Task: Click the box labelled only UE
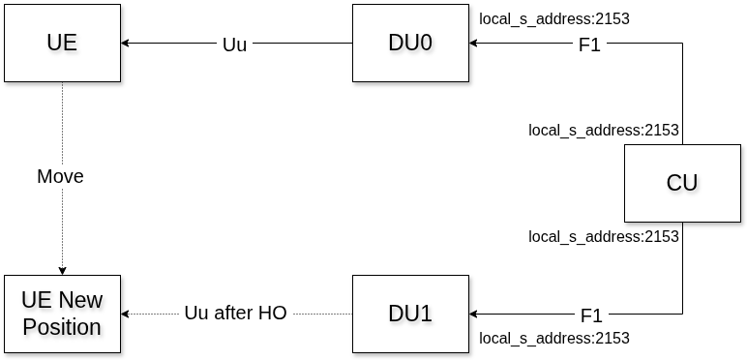tap(63, 44)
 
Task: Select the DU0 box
tap(410, 44)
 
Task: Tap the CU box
tap(682, 183)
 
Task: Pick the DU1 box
tap(410, 314)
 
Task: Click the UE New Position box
tap(63, 314)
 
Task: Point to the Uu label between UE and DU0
tap(234, 45)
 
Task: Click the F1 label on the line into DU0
tap(589, 45)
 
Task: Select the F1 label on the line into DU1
tap(591, 315)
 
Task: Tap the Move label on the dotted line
tap(60, 176)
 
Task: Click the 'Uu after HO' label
tap(235, 314)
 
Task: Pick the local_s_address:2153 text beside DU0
tap(554, 18)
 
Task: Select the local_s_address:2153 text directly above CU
tap(604, 130)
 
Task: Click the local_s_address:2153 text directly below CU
tap(604, 236)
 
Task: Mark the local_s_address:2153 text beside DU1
tap(554, 338)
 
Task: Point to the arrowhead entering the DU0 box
tap(474, 44)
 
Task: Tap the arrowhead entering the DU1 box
tap(474, 314)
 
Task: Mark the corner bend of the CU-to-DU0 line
tap(682, 44)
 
